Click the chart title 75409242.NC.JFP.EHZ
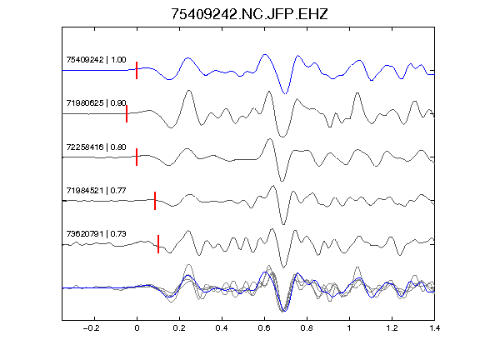tap(249, 14)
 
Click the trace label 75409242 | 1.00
tap(96, 60)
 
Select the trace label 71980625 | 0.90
tap(96, 103)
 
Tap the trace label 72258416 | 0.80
tap(96, 147)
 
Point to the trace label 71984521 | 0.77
tap(96, 191)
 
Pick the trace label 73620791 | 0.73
tap(96, 234)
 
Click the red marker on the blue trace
tap(137, 70)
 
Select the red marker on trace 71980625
tap(127, 113)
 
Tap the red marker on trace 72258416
tap(137, 157)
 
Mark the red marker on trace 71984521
tap(155, 201)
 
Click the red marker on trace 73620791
tap(158, 244)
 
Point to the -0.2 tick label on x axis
tap(92, 328)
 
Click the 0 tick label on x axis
tap(137, 328)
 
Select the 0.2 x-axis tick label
tap(179, 328)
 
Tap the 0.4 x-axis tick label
tap(222, 328)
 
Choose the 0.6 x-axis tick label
tap(264, 328)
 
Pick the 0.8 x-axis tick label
tap(307, 328)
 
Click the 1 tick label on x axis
tap(349, 328)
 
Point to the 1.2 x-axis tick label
tap(392, 328)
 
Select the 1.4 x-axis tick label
tap(434, 328)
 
